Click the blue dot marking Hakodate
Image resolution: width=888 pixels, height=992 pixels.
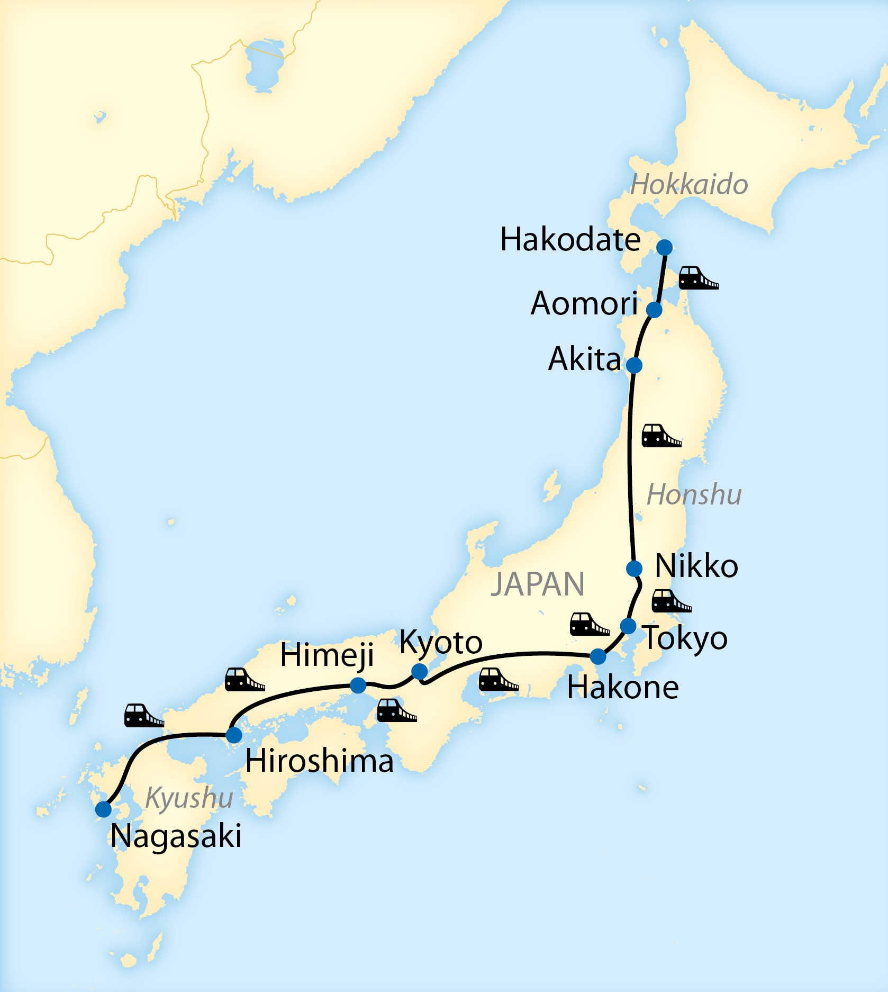(x=664, y=247)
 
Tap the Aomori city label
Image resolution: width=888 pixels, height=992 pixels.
(x=584, y=303)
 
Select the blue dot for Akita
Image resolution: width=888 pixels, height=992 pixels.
(x=634, y=365)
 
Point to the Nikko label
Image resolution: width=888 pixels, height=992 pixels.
(x=696, y=566)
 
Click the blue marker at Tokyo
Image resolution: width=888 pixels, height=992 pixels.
(x=628, y=626)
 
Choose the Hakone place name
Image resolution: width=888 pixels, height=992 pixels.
(x=622, y=688)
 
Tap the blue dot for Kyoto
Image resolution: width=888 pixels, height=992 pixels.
(x=419, y=671)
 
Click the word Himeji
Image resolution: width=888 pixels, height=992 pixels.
(x=327, y=655)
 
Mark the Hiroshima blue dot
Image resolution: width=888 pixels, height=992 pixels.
(x=234, y=735)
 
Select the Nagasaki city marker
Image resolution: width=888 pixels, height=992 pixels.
(x=104, y=809)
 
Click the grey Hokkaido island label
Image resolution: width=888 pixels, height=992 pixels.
(x=689, y=185)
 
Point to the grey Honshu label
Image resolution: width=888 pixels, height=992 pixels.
(x=694, y=495)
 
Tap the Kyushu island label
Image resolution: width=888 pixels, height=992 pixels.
(x=189, y=797)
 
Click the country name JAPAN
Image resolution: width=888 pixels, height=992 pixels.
(x=537, y=584)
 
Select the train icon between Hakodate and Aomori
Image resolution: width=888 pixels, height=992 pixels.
(x=697, y=278)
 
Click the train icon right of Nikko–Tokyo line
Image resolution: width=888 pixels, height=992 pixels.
(x=670, y=601)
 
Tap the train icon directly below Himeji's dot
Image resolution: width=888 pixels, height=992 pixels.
(x=396, y=710)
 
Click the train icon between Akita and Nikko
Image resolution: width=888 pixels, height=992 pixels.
(x=660, y=436)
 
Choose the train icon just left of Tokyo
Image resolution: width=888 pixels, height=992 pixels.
(x=588, y=624)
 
